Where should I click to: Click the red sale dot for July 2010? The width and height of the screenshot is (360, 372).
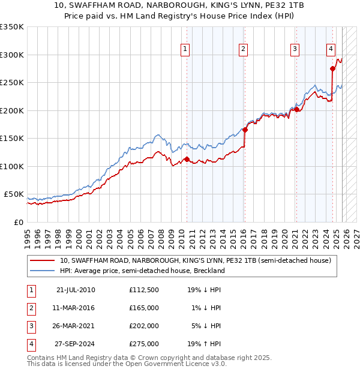tap(187, 160)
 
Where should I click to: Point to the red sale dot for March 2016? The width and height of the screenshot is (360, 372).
tap(245, 130)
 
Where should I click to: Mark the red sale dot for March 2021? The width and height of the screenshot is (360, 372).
tap(296, 109)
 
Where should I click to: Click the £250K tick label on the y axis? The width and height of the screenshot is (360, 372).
tap(12, 83)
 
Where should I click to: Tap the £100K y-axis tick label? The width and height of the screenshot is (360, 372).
tap(12, 166)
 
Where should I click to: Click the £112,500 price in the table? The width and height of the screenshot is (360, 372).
tap(144, 290)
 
